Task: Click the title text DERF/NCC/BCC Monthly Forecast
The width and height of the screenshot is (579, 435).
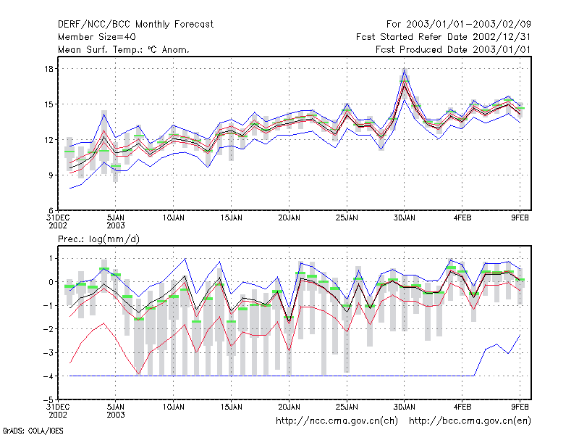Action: (135, 25)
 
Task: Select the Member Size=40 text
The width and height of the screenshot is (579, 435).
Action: (97, 37)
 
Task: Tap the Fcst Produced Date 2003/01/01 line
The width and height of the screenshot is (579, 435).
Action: (453, 49)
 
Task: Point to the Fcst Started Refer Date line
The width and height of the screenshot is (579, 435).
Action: (443, 37)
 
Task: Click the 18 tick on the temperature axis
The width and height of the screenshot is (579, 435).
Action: (49, 69)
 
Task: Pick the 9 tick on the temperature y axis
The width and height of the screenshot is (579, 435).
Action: (51, 175)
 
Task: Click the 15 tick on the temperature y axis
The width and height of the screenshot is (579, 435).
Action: (49, 104)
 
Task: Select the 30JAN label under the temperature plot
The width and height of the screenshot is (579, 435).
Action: (405, 218)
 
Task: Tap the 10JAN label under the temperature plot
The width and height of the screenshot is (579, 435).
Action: (174, 218)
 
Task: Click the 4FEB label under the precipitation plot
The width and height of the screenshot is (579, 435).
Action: (462, 407)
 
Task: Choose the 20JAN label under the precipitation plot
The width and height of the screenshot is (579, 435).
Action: (289, 407)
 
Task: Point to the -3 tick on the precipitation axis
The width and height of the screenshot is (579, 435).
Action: (48, 352)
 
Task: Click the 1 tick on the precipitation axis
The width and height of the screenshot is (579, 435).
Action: (51, 258)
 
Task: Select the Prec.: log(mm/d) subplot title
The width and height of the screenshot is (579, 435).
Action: (98, 239)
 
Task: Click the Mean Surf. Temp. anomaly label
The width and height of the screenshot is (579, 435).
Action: (124, 49)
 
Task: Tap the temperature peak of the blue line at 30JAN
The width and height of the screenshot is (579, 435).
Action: (405, 69)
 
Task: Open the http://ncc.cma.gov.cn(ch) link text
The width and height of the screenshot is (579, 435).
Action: (337, 421)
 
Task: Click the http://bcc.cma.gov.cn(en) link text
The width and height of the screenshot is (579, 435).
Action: (470, 421)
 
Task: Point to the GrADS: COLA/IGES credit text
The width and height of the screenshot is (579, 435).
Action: (33, 431)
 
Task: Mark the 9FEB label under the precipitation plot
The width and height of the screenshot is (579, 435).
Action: (520, 407)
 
